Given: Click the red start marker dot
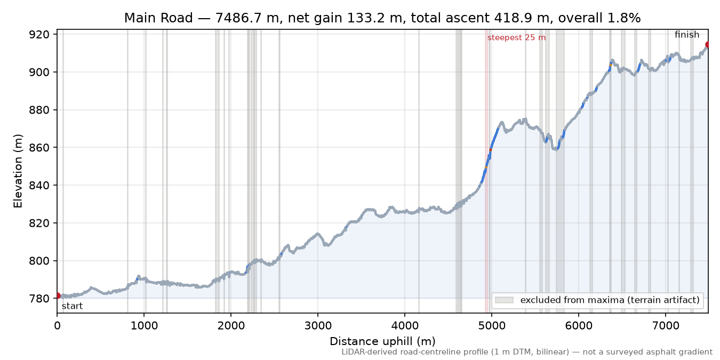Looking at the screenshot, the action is click(58, 295).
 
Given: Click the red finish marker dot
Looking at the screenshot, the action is click(708, 44).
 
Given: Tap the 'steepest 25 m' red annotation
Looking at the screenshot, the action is click(516, 38).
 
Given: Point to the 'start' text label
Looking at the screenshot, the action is click(73, 306).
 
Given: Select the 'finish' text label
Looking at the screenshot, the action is click(687, 35).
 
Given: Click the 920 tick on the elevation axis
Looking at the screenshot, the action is click(39, 34).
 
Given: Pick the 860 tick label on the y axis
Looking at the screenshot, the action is click(39, 148).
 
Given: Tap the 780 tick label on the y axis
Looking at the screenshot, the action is click(39, 299).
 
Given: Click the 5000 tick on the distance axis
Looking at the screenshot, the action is click(491, 326).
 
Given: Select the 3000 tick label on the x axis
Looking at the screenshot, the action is click(318, 326).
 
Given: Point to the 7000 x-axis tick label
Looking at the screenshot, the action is click(666, 326).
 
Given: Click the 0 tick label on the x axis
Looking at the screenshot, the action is click(57, 326).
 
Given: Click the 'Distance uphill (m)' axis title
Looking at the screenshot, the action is click(382, 341).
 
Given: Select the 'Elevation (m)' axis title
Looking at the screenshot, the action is click(18, 171).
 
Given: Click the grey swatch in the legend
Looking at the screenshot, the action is click(504, 300).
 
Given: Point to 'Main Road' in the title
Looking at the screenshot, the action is click(158, 18).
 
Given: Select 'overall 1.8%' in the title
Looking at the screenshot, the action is click(599, 18).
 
